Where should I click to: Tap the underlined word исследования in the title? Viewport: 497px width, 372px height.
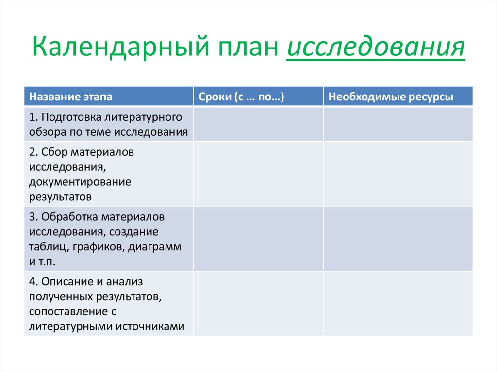click(376, 49)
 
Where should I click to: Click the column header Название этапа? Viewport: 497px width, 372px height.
click(70, 97)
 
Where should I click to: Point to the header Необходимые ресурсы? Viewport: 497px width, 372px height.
click(391, 97)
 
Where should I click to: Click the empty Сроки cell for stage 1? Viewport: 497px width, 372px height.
click(258, 124)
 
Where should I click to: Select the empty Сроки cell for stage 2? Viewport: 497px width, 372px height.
click(258, 174)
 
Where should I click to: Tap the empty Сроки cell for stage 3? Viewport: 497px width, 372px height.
click(258, 238)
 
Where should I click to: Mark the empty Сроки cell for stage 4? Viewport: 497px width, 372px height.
click(258, 303)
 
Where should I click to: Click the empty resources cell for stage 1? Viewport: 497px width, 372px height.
click(398, 124)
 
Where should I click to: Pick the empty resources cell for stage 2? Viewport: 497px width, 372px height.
click(398, 174)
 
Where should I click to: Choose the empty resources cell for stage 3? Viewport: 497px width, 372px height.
click(398, 238)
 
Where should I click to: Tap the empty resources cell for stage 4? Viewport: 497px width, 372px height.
click(398, 303)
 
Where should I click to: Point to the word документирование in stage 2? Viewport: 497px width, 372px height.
click(80, 182)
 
